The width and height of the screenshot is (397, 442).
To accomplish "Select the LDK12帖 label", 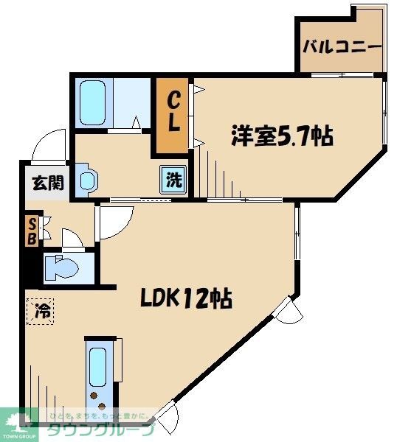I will point(186,298).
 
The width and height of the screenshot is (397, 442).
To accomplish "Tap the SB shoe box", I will point(32,230).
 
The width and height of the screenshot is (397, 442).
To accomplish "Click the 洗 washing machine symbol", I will point(172,178).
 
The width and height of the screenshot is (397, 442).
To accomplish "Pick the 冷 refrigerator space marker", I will point(42,311).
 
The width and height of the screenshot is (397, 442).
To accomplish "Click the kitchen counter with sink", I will point(100,376).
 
